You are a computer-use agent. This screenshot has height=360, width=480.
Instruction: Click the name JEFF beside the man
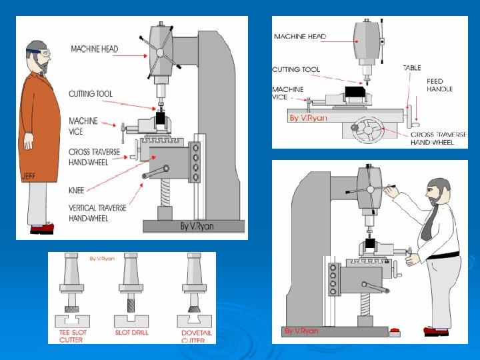click(x=28, y=176)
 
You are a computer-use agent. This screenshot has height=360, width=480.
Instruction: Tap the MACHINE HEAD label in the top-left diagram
click(x=95, y=49)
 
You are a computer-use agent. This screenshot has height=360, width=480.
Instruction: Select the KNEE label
click(x=77, y=190)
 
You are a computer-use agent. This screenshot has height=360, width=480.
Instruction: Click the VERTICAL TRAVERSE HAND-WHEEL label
click(x=97, y=213)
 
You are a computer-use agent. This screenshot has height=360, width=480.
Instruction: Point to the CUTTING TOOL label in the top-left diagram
click(x=91, y=94)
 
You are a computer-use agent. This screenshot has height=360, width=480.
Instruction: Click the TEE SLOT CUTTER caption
click(x=71, y=336)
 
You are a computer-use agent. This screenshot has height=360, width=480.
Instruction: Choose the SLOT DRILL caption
click(x=131, y=332)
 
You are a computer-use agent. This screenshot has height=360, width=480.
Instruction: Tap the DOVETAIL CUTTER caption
click(x=197, y=336)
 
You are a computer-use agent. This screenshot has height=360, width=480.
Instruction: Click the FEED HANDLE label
click(x=439, y=85)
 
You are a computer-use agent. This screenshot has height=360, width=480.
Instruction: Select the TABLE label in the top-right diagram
click(x=411, y=68)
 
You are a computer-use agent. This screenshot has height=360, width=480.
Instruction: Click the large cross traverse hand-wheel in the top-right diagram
click(x=368, y=130)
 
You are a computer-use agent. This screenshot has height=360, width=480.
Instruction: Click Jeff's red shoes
click(x=42, y=229)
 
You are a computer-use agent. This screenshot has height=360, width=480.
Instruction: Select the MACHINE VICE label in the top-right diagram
click(x=288, y=93)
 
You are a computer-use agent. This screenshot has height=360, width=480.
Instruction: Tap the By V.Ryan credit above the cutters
click(x=102, y=259)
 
